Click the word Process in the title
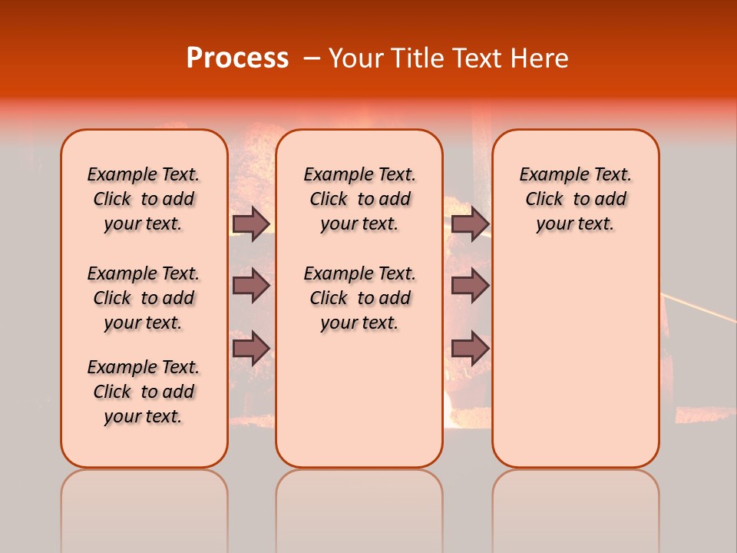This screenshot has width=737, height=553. (x=237, y=58)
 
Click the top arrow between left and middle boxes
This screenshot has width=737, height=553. (x=251, y=224)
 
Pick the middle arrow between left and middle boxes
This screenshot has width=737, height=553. (x=251, y=286)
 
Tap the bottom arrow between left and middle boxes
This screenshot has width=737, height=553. (x=251, y=348)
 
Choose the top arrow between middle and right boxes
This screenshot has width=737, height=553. (x=470, y=224)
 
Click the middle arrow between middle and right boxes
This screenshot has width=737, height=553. (x=470, y=286)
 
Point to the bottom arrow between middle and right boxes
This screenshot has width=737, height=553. (x=470, y=348)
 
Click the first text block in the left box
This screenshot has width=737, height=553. (x=144, y=199)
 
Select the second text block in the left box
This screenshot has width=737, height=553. (x=144, y=298)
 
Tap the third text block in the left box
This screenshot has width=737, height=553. (x=144, y=392)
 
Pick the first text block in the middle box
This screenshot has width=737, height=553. (x=359, y=199)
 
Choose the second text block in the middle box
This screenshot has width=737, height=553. (x=359, y=298)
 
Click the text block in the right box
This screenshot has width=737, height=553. (x=575, y=199)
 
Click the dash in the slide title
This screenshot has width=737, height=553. (x=312, y=58)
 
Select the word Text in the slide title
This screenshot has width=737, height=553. (x=475, y=58)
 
